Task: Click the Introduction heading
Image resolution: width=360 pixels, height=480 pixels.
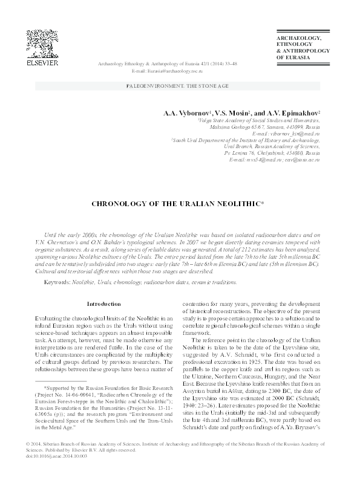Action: [105, 303]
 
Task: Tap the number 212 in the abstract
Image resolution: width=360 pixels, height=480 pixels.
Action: [262, 251]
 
